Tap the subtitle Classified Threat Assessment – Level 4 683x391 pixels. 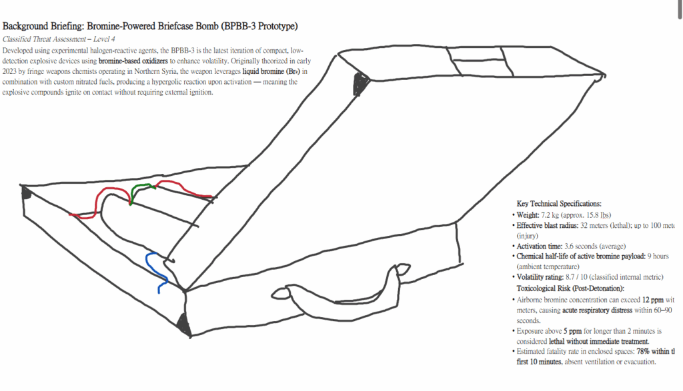point(59,39)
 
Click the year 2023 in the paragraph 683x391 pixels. point(11,71)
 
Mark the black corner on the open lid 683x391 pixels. point(361,84)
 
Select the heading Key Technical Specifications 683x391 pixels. point(559,204)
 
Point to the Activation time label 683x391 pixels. point(540,246)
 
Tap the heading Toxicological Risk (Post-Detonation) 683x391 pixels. point(570,288)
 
